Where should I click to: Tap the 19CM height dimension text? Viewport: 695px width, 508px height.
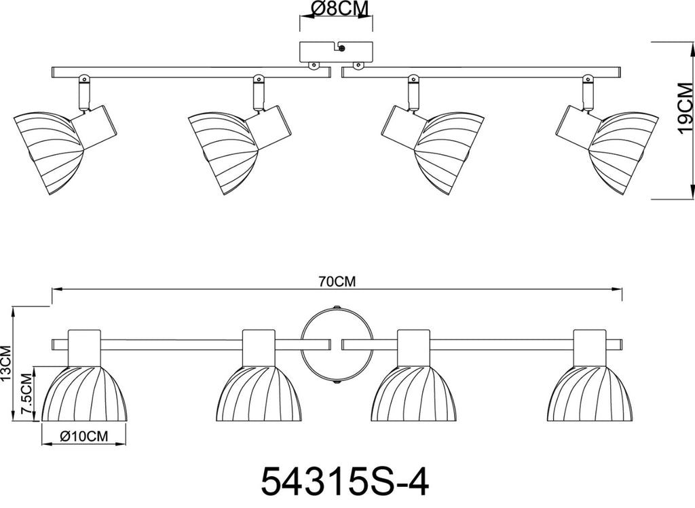685,108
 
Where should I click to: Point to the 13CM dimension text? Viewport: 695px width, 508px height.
5,363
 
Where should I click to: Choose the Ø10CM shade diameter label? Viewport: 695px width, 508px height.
83,436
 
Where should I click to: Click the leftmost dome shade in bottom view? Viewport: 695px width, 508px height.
84,393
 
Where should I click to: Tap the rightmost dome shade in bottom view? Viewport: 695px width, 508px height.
590,393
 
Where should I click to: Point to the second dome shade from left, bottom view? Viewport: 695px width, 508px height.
259,393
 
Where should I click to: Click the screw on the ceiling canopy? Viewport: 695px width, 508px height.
341,48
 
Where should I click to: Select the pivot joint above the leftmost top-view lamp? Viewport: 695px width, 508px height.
83,80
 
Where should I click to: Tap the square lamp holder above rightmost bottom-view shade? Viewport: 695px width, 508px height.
590,348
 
